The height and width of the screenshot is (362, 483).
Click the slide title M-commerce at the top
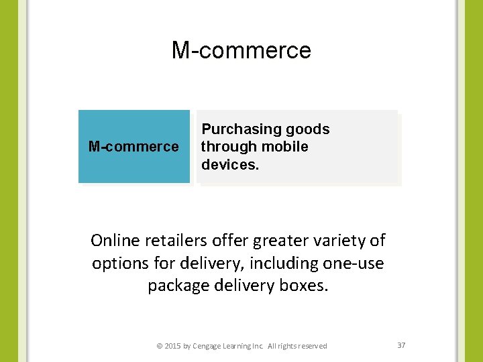pyautogui.click(x=241, y=50)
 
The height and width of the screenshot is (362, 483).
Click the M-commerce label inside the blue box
pyautogui.click(x=133, y=147)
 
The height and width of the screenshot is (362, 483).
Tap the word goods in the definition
pyautogui.click(x=307, y=129)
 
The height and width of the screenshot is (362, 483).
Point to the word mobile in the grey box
pyautogui.click(x=285, y=147)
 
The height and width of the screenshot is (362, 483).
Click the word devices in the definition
pyautogui.click(x=229, y=164)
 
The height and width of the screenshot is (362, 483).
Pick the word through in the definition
pyautogui.click(x=228, y=147)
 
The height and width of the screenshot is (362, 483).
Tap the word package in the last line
pyautogui.click(x=176, y=286)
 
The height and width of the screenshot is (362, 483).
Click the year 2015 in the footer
pyautogui.click(x=172, y=346)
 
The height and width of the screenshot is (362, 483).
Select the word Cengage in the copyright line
pyautogui.click(x=209, y=346)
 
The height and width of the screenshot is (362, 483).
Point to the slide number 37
pyautogui.click(x=401, y=345)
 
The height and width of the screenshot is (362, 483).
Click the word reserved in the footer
pyautogui.click(x=313, y=346)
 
